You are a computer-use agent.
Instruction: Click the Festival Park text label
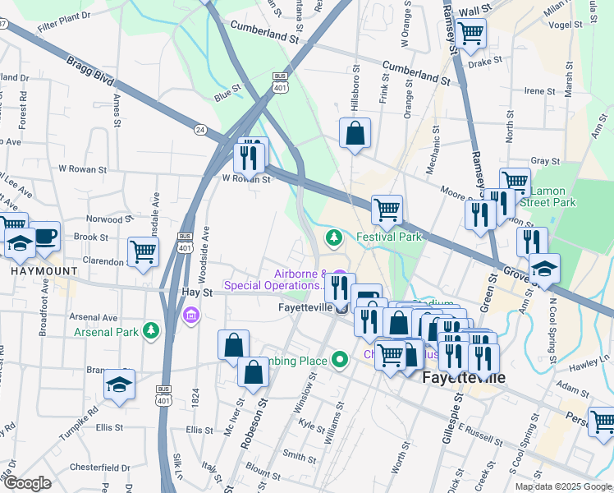(x=388, y=237)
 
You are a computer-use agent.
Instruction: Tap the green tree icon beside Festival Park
(x=334, y=238)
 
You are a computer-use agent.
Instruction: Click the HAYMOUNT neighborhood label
(x=44, y=270)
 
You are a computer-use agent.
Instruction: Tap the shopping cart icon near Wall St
(x=471, y=35)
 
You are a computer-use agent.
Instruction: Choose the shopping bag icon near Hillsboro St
(x=355, y=135)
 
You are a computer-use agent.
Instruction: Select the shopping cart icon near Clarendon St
(x=143, y=252)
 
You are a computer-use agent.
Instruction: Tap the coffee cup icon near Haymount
(x=44, y=237)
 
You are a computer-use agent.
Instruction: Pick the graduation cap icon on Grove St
(x=543, y=269)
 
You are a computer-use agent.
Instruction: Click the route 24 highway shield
(x=199, y=129)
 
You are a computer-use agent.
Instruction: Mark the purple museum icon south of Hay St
(x=191, y=316)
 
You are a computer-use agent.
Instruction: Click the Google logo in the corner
(x=26, y=482)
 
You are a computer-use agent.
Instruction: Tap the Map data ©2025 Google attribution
(x=562, y=486)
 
